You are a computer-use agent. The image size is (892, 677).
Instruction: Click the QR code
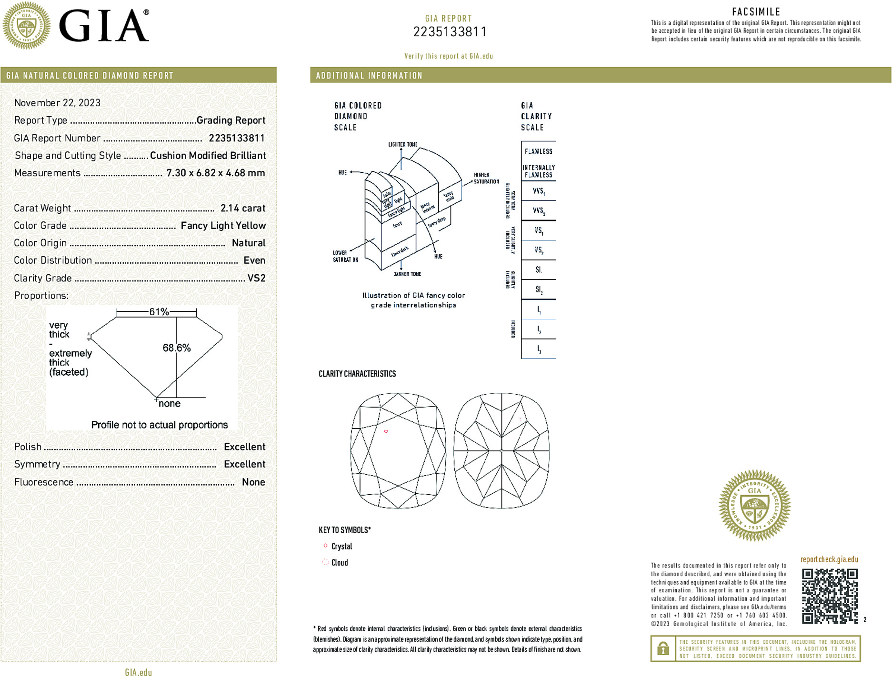point(830,596)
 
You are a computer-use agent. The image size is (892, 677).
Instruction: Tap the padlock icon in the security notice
point(663,648)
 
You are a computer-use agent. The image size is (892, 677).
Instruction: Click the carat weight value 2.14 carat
point(243,208)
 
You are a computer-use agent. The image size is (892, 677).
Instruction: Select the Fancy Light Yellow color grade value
point(223,226)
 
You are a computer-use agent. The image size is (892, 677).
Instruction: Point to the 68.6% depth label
point(177,348)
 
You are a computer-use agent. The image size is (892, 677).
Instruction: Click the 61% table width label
point(159,312)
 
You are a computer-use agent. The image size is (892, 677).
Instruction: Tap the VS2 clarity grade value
point(256,278)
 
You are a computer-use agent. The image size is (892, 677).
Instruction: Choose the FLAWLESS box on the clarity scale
point(538,151)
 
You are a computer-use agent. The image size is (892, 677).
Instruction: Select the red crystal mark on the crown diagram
point(386,431)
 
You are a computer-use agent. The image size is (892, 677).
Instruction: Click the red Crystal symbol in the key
point(326,546)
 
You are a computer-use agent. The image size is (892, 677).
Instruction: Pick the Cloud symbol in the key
point(326,562)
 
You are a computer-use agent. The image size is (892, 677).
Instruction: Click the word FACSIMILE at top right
point(756,12)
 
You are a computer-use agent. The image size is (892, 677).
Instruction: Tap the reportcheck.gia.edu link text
point(829,559)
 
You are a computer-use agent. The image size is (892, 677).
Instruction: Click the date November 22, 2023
point(57,103)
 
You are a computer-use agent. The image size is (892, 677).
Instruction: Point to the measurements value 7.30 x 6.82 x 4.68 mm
point(215,173)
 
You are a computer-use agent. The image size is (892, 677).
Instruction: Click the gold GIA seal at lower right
point(754,506)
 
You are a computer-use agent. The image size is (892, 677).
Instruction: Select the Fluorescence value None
point(253,482)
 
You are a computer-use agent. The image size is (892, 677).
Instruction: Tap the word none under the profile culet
point(170,404)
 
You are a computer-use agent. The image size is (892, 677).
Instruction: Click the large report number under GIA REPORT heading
point(450,32)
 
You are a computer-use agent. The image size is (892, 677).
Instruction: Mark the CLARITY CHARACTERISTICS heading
point(357,374)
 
